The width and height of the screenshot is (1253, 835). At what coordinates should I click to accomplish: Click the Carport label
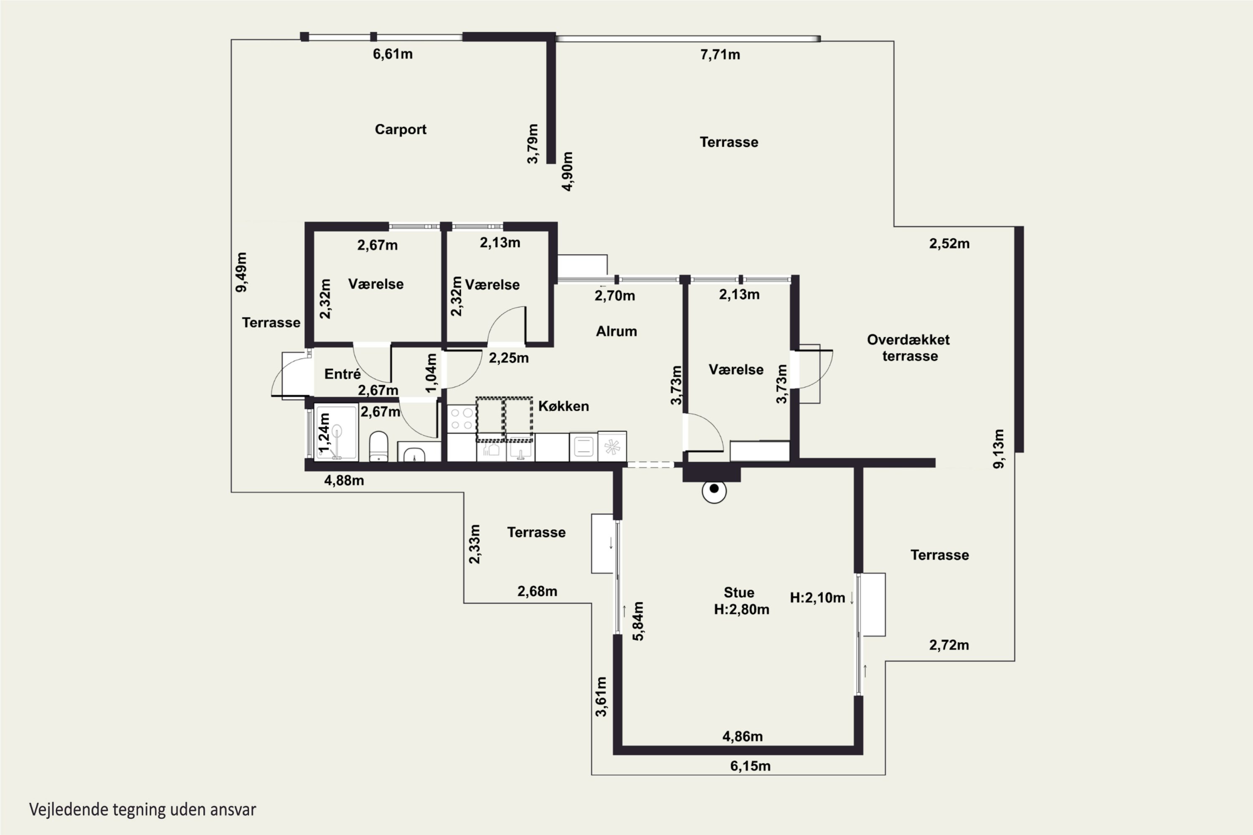coord(401,129)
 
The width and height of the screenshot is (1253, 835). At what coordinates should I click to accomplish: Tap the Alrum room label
coord(616,331)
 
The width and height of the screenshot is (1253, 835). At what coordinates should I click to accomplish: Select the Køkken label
coord(563,406)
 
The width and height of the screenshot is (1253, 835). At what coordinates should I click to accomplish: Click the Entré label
coord(342,374)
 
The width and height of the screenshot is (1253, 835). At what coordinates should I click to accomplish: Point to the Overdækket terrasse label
coord(908,348)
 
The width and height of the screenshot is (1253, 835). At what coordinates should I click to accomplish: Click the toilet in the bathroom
coord(379,446)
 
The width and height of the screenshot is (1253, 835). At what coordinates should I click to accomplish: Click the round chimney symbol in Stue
coord(714,491)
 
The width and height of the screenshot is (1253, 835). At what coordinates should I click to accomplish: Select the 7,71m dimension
coord(720,55)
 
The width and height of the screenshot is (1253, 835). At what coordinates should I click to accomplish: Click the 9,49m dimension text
coord(241,272)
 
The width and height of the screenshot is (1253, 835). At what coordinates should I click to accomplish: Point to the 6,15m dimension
coord(750,766)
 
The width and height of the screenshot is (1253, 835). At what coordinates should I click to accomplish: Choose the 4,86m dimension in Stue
coord(742,736)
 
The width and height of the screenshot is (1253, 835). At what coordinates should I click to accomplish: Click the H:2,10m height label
coord(817,598)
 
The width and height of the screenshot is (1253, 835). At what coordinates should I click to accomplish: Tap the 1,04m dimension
coord(431,373)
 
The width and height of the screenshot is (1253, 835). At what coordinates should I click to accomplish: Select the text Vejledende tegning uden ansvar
coord(143,810)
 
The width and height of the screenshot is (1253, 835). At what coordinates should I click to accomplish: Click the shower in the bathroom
coord(336,432)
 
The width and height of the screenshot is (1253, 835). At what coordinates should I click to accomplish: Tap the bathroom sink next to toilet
coord(414,454)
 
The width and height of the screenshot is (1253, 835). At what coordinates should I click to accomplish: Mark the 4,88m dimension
coord(344,481)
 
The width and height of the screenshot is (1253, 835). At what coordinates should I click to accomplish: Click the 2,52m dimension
coord(949,244)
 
